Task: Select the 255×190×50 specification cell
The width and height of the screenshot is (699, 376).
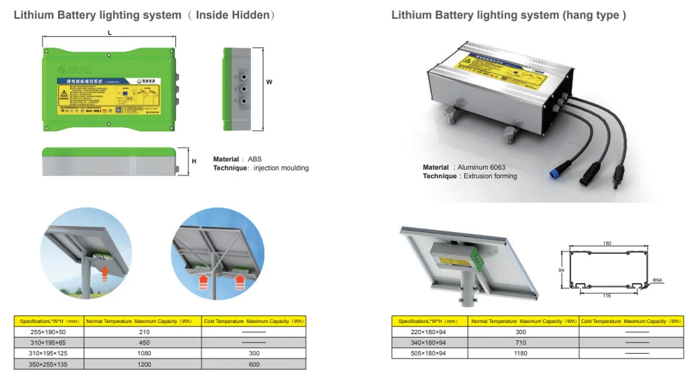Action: point(48,332)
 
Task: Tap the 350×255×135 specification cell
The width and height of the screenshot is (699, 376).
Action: point(48,364)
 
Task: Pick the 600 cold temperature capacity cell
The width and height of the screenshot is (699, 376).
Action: point(254,364)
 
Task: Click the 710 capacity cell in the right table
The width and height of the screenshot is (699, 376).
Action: point(521,342)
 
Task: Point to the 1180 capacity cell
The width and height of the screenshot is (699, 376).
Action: point(521,354)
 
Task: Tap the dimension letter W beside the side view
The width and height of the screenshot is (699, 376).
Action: point(268,82)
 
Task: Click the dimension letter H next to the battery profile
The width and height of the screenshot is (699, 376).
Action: point(194,161)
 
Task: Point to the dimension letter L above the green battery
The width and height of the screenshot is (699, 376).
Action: point(110,33)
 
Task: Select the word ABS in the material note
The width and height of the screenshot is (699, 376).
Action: point(254,159)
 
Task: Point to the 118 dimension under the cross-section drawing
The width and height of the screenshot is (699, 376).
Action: point(607,296)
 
